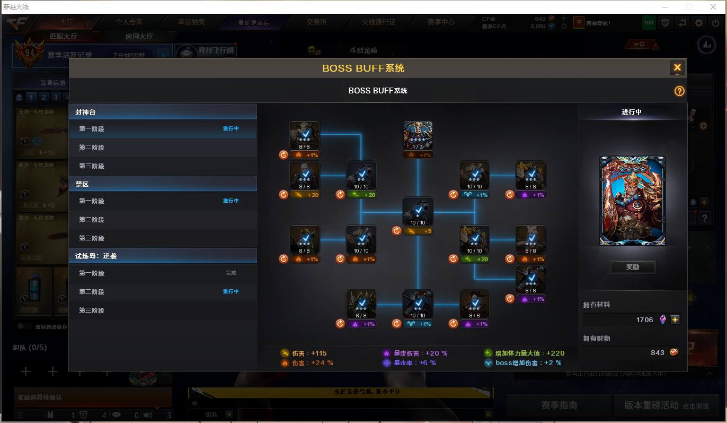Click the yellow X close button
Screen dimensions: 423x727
[677, 67]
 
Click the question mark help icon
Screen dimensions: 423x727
[679, 91]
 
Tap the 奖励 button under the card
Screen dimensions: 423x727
[633, 267]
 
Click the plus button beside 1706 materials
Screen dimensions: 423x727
[675, 320]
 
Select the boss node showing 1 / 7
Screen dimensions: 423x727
[418, 136]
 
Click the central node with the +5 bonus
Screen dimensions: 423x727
[418, 212]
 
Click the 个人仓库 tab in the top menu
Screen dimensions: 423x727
[129, 22]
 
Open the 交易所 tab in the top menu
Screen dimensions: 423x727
[316, 22]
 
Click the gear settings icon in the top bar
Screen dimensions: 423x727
[699, 23]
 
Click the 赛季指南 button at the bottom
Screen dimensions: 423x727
[558, 405]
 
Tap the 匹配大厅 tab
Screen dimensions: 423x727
[63, 36]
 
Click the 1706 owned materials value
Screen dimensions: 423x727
[644, 320]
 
